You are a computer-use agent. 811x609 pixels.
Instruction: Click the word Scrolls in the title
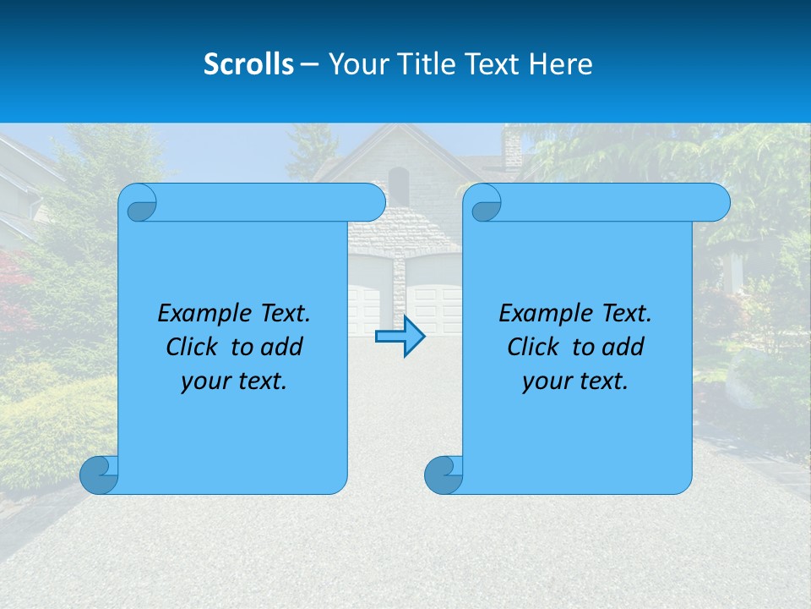point(248,64)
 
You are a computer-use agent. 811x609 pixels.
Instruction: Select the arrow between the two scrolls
point(400,337)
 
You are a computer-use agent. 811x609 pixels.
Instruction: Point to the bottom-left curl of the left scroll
point(98,475)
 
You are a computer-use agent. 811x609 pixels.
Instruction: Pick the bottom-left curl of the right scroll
point(443,475)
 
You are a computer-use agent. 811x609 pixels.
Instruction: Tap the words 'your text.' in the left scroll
point(233,381)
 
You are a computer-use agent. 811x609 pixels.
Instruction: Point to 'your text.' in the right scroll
point(574,381)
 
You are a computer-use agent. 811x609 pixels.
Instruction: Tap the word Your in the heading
point(354,64)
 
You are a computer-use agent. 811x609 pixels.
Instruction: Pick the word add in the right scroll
point(623,347)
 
